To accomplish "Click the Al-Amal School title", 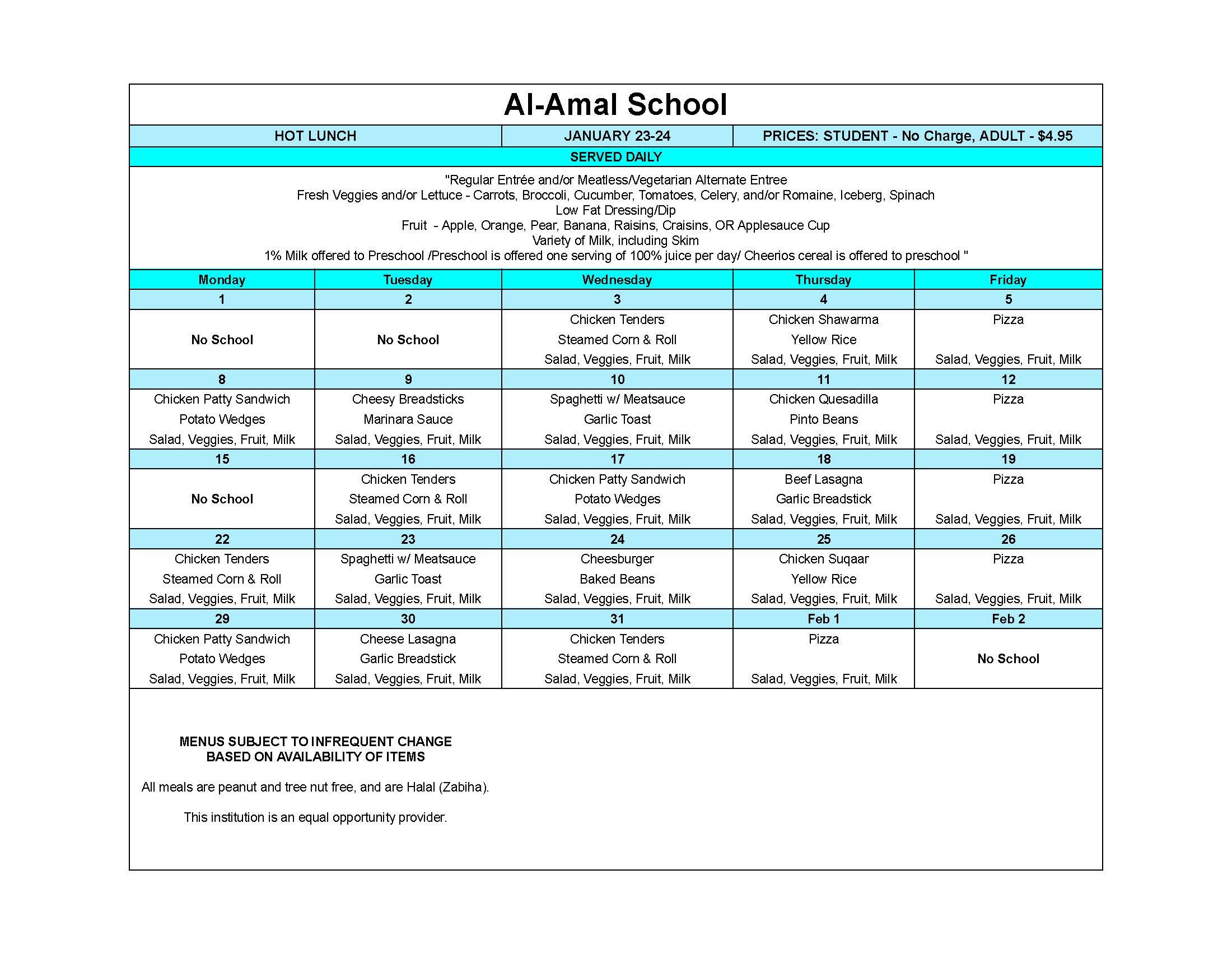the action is click(x=615, y=105).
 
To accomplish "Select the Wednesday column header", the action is click(x=617, y=280).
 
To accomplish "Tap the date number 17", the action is click(x=617, y=459).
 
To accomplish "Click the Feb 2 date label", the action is click(x=1008, y=619).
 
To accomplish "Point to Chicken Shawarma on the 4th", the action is click(x=823, y=320).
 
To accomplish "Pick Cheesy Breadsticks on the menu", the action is click(x=407, y=399).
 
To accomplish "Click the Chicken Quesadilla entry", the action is click(x=823, y=399).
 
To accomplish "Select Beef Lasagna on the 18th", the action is click(x=823, y=479).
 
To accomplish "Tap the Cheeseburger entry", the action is click(x=617, y=559).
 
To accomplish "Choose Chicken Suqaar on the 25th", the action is click(x=823, y=559).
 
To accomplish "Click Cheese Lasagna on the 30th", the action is click(x=407, y=639).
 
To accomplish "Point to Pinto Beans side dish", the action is click(x=823, y=419).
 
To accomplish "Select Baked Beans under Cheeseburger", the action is click(x=617, y=579).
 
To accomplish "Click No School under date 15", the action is click(x=222, y=499).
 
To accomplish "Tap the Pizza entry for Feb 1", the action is click(x=823, y=639).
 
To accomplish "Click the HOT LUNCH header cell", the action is click(x=315, y=136).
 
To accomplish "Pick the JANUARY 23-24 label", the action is click(x=617, y=136).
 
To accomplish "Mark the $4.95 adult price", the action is click(x=1054, y=136).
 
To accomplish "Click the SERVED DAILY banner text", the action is click(x=615, y=157).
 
